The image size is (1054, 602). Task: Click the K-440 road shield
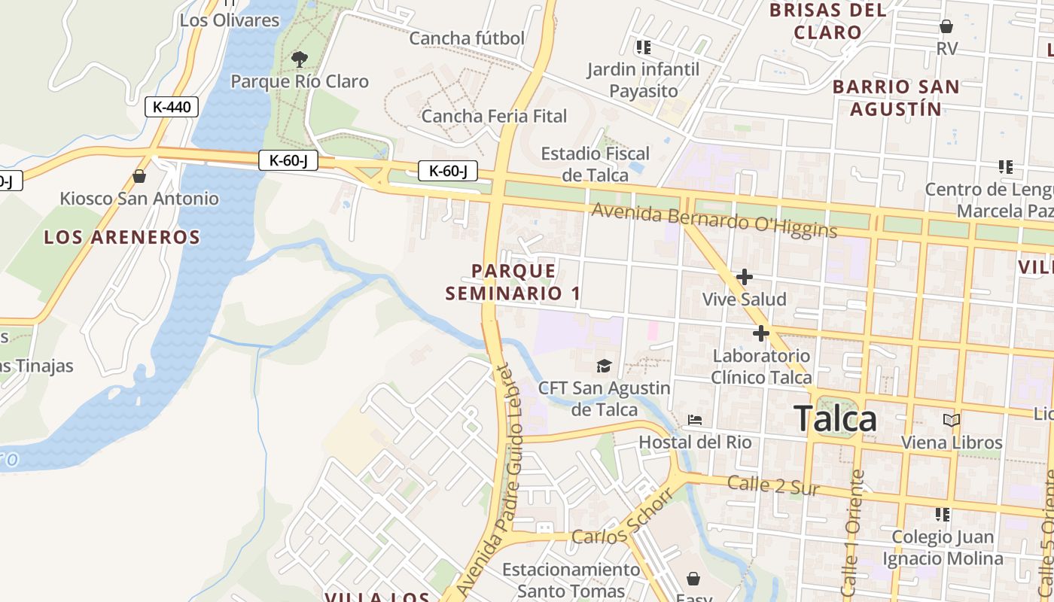click(x=172, y=107)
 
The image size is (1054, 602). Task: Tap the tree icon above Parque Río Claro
click(x=300, y=59)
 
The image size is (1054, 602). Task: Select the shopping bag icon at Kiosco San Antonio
click(x=139, y=177)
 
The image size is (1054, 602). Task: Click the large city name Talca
click(x=835, y=418)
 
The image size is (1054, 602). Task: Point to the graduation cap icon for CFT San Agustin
click(x=604, y=366)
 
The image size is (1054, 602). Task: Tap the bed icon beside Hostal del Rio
click(x=695, y=419)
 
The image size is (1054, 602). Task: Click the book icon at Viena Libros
click(x=952, y=420)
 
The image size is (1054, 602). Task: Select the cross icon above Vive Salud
click(x=745, y=277)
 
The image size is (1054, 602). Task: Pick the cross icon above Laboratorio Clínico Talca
click(x=761, y=333)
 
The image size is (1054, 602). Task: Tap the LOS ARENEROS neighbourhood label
click(x=122, y=237)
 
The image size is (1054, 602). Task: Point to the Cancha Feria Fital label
click(x=494, y=116)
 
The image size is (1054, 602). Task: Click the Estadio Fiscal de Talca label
click(x=595, y=164)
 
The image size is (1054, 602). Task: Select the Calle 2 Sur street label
click(x=773, y=485)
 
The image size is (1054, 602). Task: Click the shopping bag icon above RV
click(x=946, y=27)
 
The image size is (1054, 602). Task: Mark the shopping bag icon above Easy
click(x=693, y=579)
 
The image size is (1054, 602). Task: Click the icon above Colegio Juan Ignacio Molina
click(x=942, y=515)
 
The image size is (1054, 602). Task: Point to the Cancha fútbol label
click(x=467, y=38)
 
